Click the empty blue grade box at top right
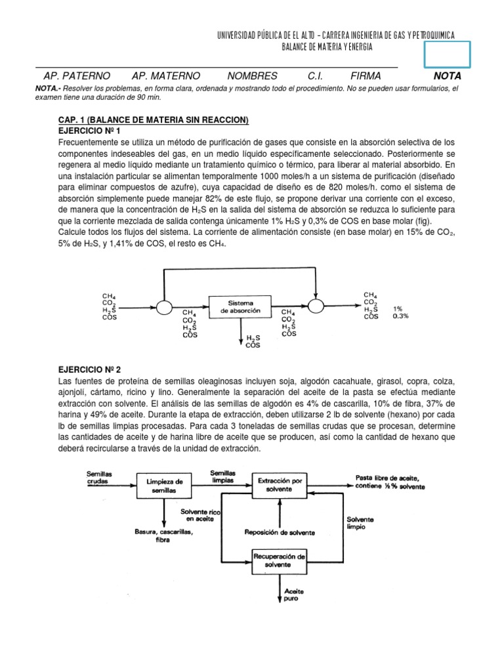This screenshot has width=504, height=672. (x=446, y=54)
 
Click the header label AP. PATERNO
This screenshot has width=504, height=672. (x=77, y=76)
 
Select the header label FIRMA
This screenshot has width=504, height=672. (x=366, y=76)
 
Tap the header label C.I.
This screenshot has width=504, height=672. (x=316, y=76)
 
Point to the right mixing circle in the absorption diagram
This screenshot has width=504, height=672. (x=316, y=306)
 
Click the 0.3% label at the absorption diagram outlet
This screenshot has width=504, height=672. (x=400, y=316)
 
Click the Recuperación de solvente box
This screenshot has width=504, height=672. (x=280, y=560)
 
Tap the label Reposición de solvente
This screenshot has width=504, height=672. (x=279, y=532)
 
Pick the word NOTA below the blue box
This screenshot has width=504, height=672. (x=448, y=76)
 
